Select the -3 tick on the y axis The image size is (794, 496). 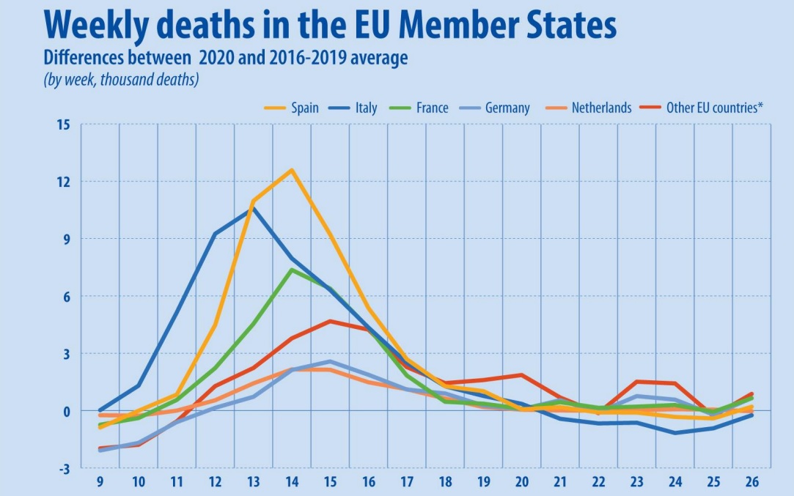(64, 468)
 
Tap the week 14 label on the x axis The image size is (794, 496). (292, 483)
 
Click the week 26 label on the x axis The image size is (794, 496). (752, 483)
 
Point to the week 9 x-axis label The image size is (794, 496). (100, 483)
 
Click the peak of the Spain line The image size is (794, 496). (292, 170)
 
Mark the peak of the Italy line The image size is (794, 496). (253, 208)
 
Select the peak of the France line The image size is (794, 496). (292, 270)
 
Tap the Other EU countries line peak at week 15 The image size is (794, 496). (330, 321)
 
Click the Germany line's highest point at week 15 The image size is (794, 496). (330, 361)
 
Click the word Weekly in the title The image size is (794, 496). (91, 26)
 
